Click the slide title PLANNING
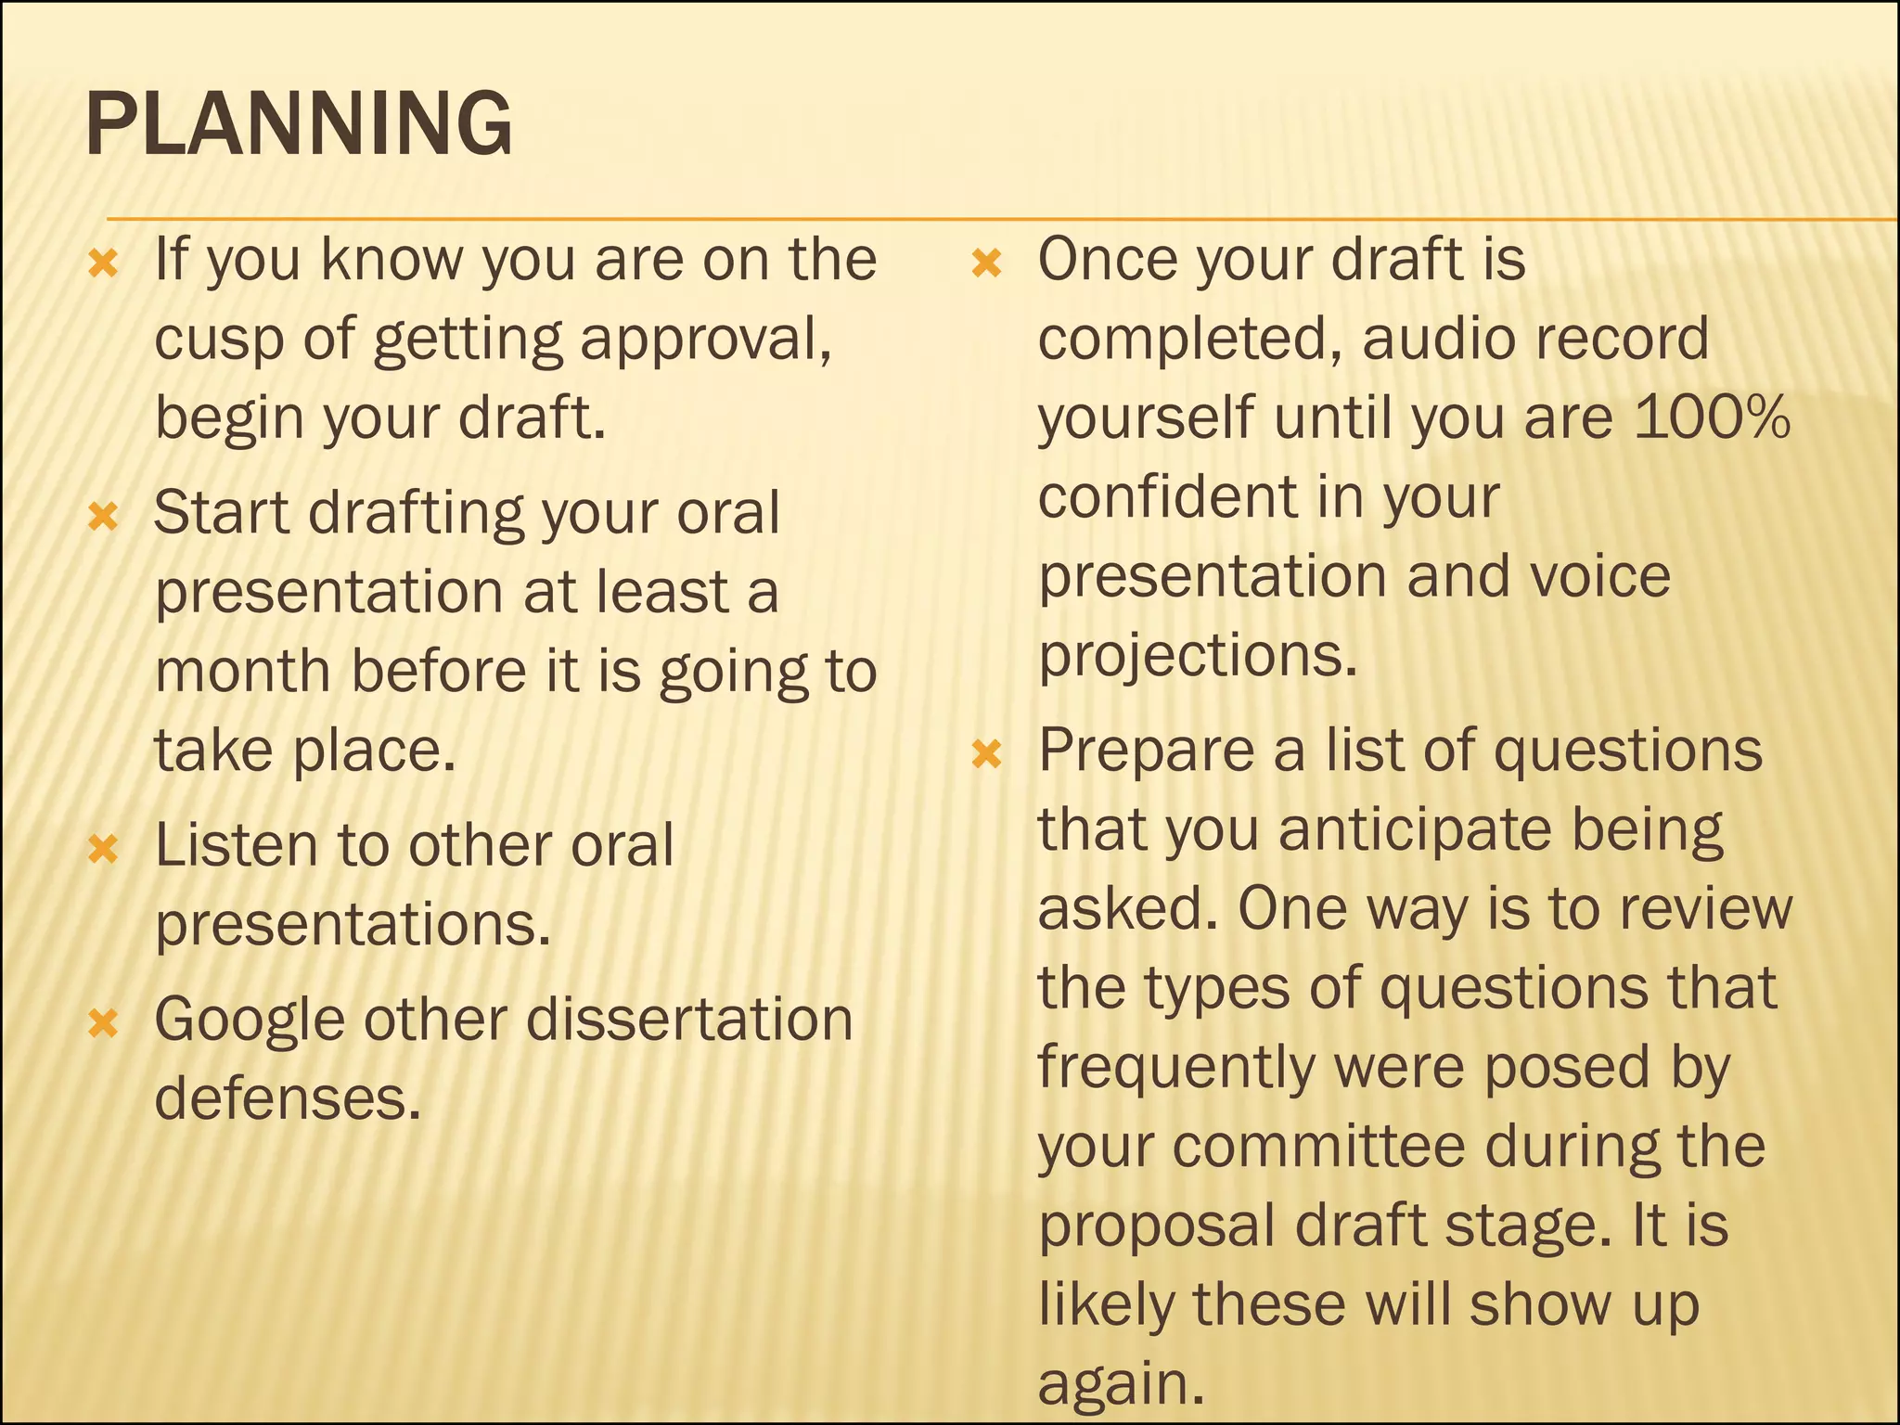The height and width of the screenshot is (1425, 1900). tap(298, 124)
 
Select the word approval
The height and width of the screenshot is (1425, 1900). tap(705, 340)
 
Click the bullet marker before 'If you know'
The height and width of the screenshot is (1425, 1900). tap(103, 264)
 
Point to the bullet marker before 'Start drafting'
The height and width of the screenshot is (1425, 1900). tap(103, 517)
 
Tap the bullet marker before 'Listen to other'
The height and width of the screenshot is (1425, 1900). tap(103, 849)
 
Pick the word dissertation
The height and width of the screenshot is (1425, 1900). tap(689, 1019)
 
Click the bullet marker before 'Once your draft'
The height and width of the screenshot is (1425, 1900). tap(987, 264)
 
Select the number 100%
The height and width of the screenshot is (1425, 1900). tap(1712, 417)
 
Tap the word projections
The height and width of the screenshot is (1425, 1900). tap(1197, 657)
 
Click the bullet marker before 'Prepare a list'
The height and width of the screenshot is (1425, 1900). tap(987, 754)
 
